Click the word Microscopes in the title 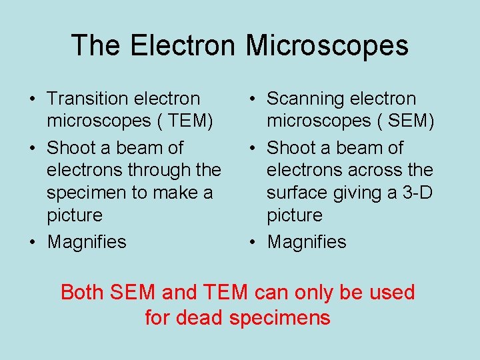click(x=327, y=46)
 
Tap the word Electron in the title click(x=183, y=46)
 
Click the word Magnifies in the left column click(x=87, y=241)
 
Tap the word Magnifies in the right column click(x=307, y=241)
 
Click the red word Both click(x=83, y=292)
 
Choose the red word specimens click(x=279, y=317)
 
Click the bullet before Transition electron click(x=32, y=99)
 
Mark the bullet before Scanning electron click(x=251, y=99)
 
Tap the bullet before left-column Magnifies click(x=32, y=242)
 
